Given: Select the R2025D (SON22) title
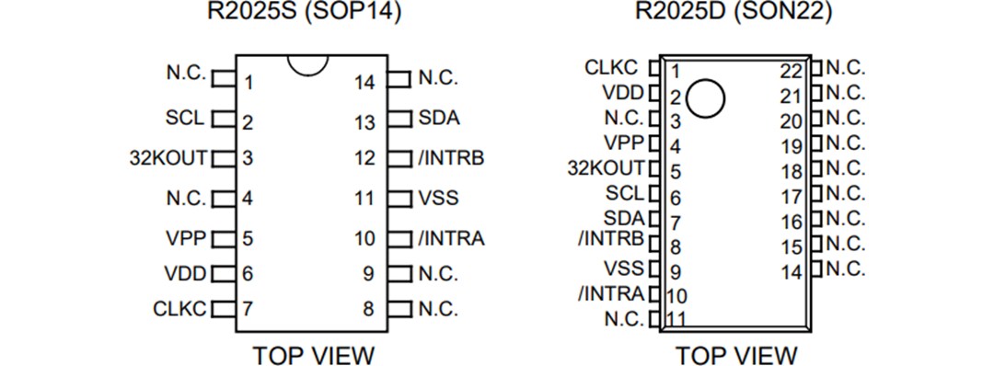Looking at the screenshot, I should (x=734, y=13).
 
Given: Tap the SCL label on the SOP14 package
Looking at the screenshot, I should (x=184, y=119).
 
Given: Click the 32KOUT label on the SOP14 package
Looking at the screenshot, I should (x=170, y=157).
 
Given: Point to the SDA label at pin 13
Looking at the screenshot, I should (x=439, y=119).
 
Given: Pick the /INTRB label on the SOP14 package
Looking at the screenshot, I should (x=451, y=157).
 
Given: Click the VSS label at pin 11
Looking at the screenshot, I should (x=438, y=197).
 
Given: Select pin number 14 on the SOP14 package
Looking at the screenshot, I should (x=365, y=83).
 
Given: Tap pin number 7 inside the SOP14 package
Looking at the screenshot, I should (x=248, y=309).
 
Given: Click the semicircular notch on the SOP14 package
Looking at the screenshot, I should (x=307, y=64).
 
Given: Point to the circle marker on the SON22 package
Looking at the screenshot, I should (x=706, y=98).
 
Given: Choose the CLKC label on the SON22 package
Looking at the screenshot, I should (x=610, y=68).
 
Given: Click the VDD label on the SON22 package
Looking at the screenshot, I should (x=623, y=93).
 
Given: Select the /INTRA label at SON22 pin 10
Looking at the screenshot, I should (x=612, y=294).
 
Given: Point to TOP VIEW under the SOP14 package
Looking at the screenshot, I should (x=313, y=354).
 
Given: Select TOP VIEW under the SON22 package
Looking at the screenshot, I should (x=736, y=354).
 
